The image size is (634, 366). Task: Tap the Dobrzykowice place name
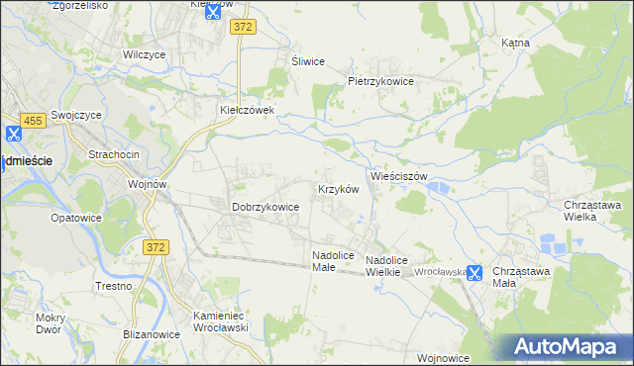[x=265, y=207]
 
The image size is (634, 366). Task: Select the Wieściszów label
[x=398, y=175]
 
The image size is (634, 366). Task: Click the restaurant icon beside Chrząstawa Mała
[x=475, y=273]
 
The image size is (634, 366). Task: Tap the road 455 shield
[x=34, y=120]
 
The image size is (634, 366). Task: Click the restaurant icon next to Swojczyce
[x=14, y=134]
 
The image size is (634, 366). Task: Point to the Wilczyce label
[x=143, y=55]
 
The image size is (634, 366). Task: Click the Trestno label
[x=114, y=286]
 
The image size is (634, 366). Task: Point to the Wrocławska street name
[x=439, y=271]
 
